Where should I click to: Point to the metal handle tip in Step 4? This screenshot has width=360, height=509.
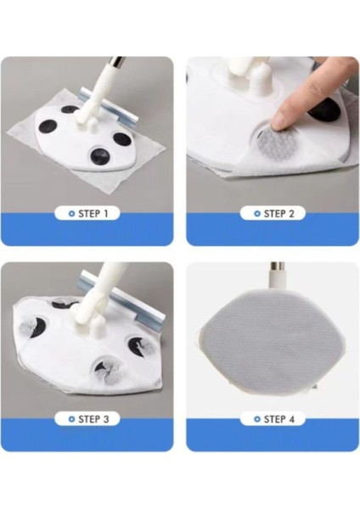(278, 266)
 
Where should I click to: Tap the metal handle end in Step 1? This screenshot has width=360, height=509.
(116, 61)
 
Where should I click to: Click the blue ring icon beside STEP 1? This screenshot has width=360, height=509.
(72, 214)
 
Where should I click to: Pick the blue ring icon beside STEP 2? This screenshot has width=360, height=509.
(257, 214)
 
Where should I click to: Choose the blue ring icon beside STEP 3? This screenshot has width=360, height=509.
(72, 419)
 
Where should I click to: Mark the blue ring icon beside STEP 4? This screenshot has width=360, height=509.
(257, 419)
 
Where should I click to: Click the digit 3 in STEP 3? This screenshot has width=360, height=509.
(105, 419)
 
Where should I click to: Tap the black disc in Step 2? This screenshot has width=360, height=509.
(321, 110)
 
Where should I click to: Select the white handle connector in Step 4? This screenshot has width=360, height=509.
(277, 280)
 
